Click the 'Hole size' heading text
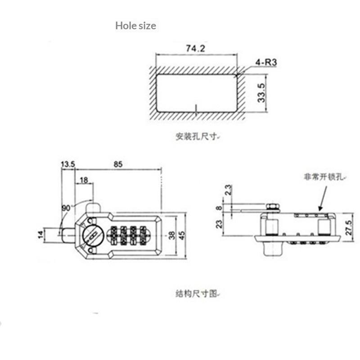click(136, 26)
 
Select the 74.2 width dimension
click(195, 49)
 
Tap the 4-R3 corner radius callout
click(266, 62)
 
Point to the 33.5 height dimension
click(261, 93)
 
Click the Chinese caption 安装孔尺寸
click(197, 136)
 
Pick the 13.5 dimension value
click(68, 164)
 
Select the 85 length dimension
click(118, 164)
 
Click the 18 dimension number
click(84, 180)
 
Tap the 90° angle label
click(67, 208)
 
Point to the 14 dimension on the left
click(40, 234)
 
